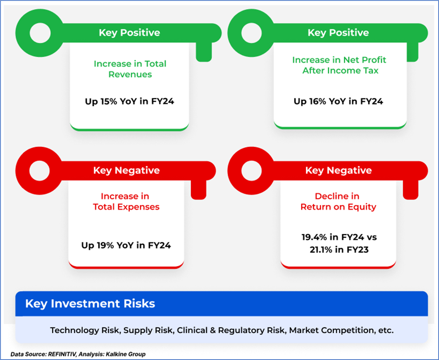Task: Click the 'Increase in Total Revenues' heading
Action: (130, 69)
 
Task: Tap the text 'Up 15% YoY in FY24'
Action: (130, 101)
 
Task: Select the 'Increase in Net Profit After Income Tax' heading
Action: (339, 65)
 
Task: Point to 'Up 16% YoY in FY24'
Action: (338, 101)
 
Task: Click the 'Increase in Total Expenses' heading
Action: (126, 202)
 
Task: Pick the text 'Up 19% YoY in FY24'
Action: (126, 245)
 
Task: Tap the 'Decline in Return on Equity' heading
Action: (338, 202)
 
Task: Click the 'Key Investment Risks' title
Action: (90, 303)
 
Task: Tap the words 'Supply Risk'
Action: (148, 330)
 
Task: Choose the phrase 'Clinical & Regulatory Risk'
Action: (231, 330)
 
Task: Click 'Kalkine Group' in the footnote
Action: (126, 354)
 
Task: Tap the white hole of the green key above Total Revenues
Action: (40, 33)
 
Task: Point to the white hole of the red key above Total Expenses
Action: (39, 171)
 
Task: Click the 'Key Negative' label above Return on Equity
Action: (339, 170)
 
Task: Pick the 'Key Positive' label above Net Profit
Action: (338, 33)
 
